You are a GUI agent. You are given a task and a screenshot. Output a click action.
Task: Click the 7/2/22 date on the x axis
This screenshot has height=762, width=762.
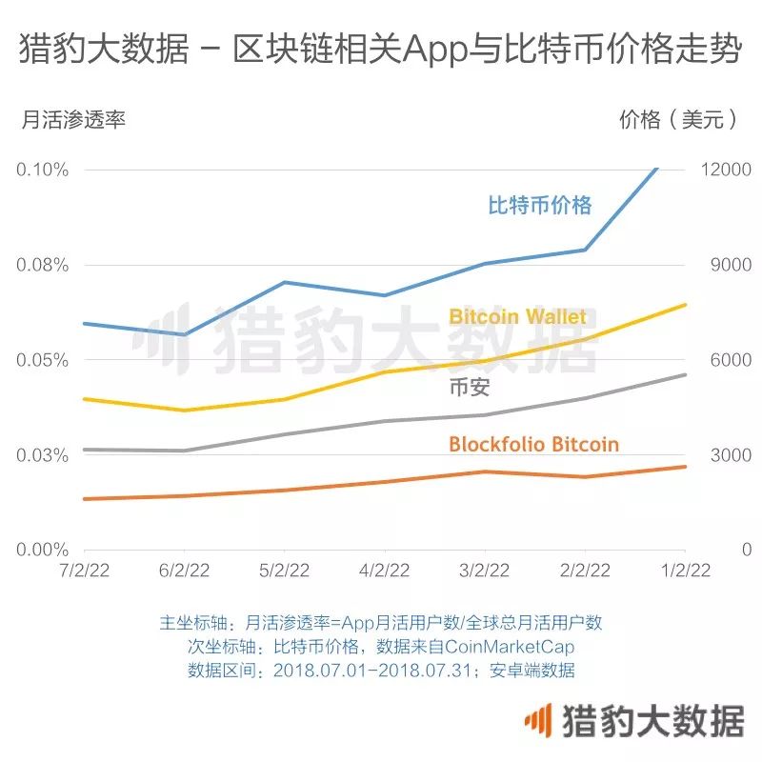(x=84, y=571)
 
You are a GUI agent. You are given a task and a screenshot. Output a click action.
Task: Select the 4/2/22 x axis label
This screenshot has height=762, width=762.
(x=384, y=571)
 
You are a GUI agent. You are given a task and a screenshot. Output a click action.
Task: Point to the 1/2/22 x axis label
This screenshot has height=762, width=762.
(x=685, y=571)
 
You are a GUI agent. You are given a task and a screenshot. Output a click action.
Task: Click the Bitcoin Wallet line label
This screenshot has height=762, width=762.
(x=517, y=316)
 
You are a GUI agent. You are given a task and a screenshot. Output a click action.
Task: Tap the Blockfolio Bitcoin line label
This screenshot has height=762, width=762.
(x=533, y=444)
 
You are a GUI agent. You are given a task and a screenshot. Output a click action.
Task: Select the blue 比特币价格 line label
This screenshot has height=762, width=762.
(x=540, y=205)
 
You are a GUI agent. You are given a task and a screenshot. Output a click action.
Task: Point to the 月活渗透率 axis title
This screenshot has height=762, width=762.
(x=72, y=120)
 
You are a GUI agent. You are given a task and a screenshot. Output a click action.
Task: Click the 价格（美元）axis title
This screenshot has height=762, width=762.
(x=679, y=120)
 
